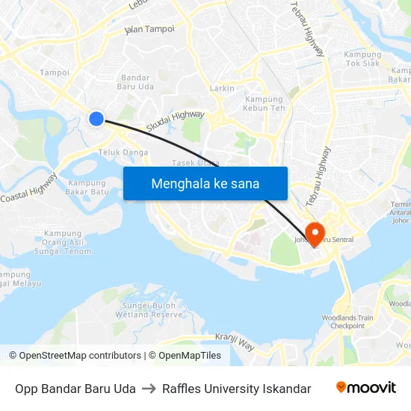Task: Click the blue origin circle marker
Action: [96, 118]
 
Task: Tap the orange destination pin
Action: [315, 234]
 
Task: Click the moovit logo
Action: [365, 388]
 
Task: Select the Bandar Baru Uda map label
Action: [135, 82]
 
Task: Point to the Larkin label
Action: [221, 88]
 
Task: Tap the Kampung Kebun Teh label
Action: [265, 104]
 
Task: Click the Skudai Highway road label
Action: [175, 121]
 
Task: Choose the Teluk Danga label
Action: [123, 152]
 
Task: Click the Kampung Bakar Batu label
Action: [88, 187]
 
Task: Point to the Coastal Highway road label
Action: [28, 188]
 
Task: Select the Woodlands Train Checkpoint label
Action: [353, 322]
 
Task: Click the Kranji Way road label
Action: [235, 342]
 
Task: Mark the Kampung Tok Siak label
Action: [362, 58]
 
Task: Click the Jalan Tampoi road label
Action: [149, 30]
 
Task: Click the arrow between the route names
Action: [149, 389]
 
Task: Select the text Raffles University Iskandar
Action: [236, 389]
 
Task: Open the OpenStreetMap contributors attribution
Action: [75, 356]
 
